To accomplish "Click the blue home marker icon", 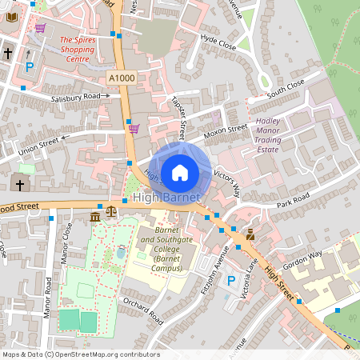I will click(x=180, y=172).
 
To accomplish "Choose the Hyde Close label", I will click(x=219, y=42).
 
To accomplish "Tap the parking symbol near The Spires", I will click(x=30, y=67).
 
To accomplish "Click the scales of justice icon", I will click(x=110, y=216).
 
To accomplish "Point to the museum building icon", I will click(x=95, y=217).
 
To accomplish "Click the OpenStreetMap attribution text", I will click(x=80, y=354).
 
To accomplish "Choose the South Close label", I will click(x=286, y=89).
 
